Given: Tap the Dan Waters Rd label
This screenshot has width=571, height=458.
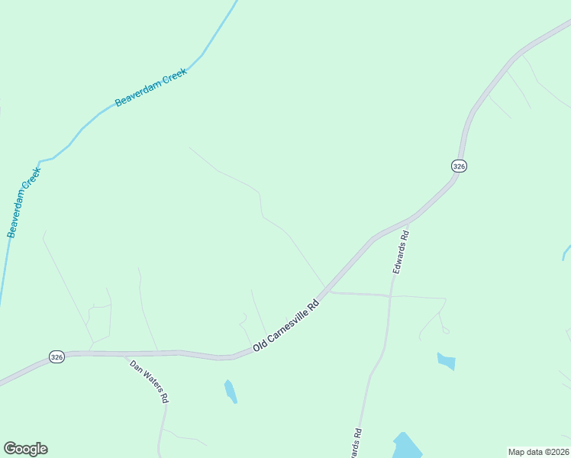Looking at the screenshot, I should click(149, 381).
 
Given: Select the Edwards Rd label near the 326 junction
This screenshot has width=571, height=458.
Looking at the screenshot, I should click(402, 253).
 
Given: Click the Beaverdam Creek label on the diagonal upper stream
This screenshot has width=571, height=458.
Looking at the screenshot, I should click(150, 91).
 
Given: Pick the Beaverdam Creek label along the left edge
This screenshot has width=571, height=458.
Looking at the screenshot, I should click(23, 202).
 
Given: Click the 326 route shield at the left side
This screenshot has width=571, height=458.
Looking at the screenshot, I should click(56, 357).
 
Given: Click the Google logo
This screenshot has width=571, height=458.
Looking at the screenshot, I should click(25, 449).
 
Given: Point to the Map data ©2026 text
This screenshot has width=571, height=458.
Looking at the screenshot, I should click(539, 451).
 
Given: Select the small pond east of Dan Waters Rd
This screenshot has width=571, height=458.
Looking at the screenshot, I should click(230, 391).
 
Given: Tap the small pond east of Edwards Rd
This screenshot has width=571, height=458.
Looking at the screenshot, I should click(447, 360).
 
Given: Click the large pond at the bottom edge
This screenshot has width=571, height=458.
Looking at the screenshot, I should click(406, 447).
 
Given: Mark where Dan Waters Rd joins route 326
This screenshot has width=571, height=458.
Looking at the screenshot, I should click(126, 354).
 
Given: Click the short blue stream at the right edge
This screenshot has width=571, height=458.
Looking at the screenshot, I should click(566, 252).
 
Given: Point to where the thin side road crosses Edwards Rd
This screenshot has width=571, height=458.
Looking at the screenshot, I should click(391, 295).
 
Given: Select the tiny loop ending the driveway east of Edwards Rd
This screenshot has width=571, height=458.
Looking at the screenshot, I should click(446, 331).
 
